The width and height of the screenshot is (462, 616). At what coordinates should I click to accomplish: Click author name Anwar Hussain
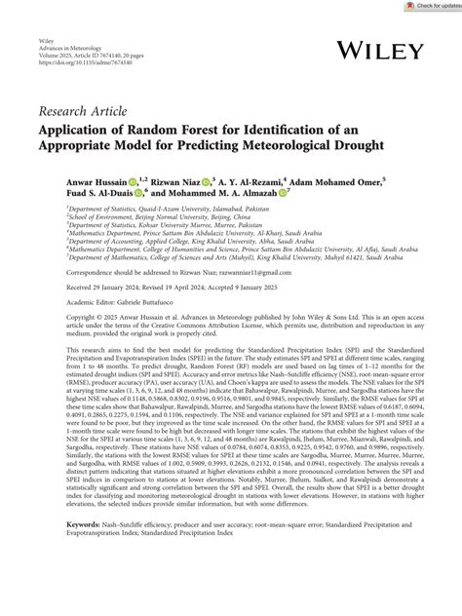[100, 179]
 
